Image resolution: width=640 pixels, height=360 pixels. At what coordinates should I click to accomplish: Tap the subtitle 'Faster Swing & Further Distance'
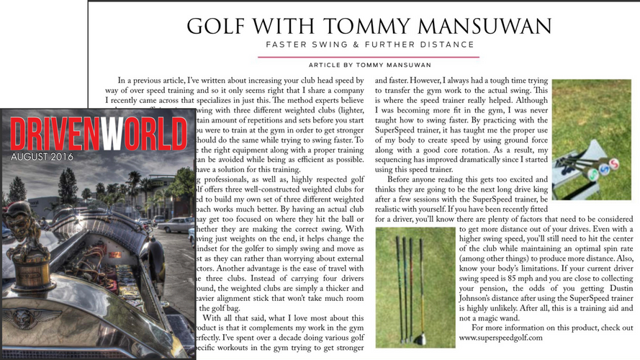tap(369, 45)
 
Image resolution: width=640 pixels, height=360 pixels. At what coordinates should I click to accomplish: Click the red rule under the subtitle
tap(369, 56)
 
